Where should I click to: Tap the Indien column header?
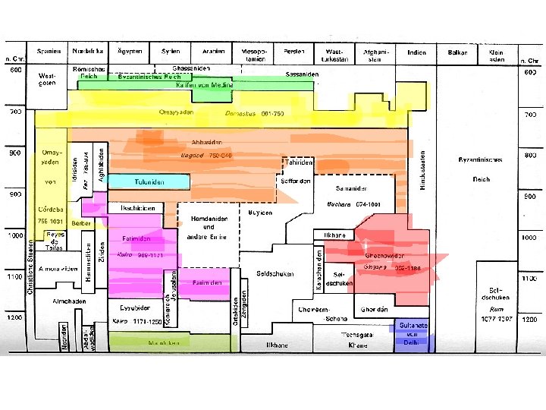(x=416, y=53)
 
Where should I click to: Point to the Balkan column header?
(x=457, y=53)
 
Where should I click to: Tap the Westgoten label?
(x=46, y=80)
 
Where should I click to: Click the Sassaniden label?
(x=302, y=74)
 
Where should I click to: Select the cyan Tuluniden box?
(x=148, y=181)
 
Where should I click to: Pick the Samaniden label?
(x=352, y=188)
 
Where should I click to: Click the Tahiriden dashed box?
(x=298, y=162)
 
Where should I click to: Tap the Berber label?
(x=81, y=224)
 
